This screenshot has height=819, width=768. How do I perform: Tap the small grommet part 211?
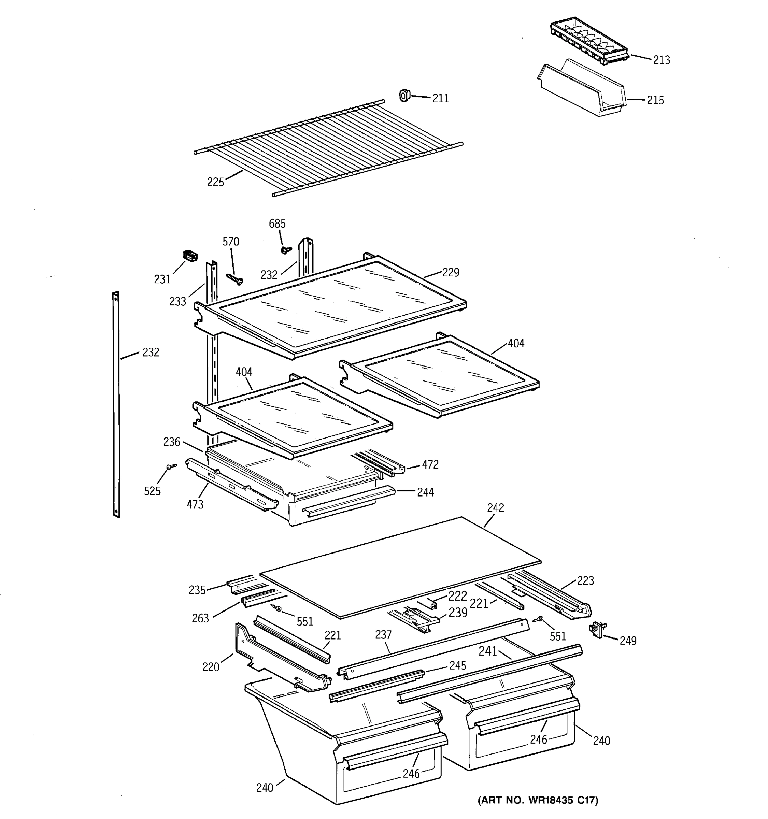click(404, 96)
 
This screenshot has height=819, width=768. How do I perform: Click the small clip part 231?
click(189, 256)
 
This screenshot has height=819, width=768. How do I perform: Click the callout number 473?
click(195, 504)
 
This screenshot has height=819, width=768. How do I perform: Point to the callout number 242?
click(495, 508)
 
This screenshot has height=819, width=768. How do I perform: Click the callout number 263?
click(200, 618)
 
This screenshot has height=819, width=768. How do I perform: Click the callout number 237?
click(383, 635)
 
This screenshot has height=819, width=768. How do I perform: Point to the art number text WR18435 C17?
click(537, 800)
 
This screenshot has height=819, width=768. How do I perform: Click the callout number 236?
click(171, 442)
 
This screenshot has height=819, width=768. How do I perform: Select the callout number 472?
click(430, 465)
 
